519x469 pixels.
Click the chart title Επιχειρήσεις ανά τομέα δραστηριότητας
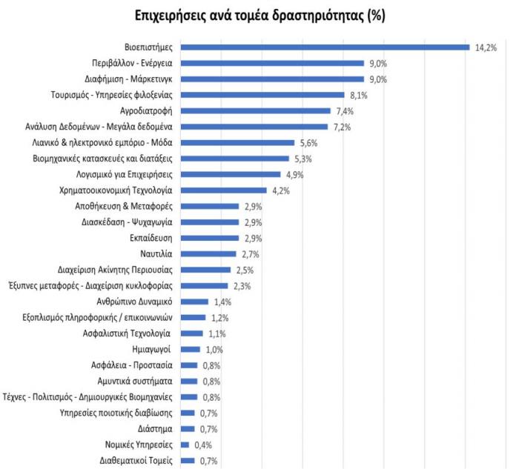pyautogui.click(x=259, y=15)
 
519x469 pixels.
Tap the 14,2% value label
pyautogui.click(x=486, y=47)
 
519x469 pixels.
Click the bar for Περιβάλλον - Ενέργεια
pyautogui.click(x=272, y=64)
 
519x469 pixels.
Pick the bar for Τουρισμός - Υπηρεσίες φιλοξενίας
pyautogui.click(x=262, y=95)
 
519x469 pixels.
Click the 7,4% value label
pyautogui.click(x=344, y=111)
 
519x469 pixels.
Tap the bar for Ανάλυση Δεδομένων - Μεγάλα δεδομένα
pyautogui.click(x=254, y=127)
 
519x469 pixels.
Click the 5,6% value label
pyautogui.click(x=308, y=143)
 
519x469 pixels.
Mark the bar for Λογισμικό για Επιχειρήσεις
pyautogui.click(x=231, y=175)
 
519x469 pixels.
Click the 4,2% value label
pyautogui.click(x=280, y=190)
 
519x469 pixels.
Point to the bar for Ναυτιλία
pyautogui.click(x=208, y=254)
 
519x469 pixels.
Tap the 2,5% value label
pyautogui.click(x=245, y=270)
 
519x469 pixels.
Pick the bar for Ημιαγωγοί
pyautogui.click(x=191, y=349)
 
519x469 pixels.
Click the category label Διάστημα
pyautogui.click(x=155, y=428)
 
